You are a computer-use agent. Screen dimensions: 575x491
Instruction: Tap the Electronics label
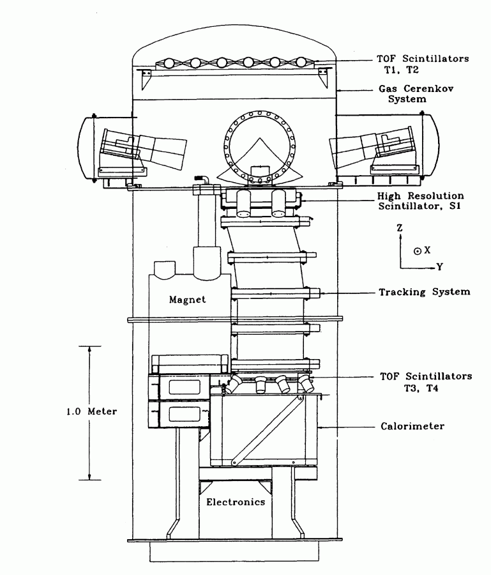(235, 502)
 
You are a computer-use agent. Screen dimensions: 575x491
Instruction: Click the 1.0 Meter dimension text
(92, 411)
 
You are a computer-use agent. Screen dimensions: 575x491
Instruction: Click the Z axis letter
(399, 227)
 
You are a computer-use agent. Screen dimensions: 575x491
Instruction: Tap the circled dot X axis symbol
(416, 250)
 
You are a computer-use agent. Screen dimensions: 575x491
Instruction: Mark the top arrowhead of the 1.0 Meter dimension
(89, 349)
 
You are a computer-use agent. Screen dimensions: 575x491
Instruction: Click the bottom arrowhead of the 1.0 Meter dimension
(89, 476)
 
